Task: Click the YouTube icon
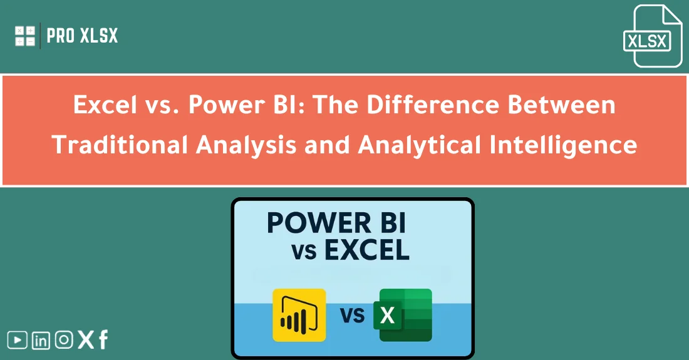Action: pos(18,340)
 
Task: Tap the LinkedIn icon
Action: pos(41,340)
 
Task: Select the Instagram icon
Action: pos(63,340)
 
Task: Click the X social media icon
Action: pos(85,340)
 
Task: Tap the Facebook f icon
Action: pos(103,340)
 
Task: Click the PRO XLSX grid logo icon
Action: pos(25,36)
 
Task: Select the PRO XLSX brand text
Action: pos(82,36)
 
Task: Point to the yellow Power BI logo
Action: pos(299,315)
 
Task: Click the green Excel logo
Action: pos(404,315)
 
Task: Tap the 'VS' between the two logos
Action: pos(353,315)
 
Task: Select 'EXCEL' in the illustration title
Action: pos(367,250)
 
